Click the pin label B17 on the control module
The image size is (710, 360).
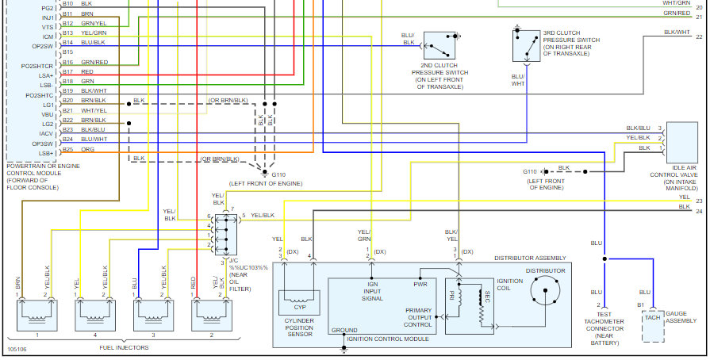point(67,72)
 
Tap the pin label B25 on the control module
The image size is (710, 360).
point(67,149)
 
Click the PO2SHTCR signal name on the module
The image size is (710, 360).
point(37,66)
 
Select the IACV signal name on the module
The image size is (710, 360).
point(47,133)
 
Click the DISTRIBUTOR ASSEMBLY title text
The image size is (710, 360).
point(530,259)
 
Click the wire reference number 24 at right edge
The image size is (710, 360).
point(699,211)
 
